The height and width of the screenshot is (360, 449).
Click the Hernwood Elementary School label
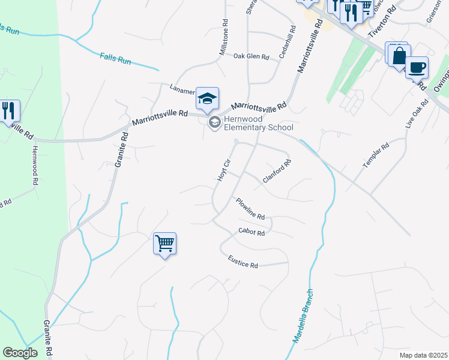(258, 123)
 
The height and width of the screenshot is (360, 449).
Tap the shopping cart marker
(164, 244)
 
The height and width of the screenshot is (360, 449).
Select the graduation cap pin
(207, 99)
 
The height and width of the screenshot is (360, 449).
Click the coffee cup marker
(417, 67)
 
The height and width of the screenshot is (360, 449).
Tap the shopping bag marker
(398, 55)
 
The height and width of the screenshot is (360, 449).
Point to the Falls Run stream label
(116, 60)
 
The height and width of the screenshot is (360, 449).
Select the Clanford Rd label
(277, 171)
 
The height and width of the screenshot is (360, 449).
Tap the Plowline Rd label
(250, 208)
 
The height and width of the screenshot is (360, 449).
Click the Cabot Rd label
(252, 232)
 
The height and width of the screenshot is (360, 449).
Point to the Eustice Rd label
(243, 261)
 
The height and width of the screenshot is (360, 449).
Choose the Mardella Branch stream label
(304, 317)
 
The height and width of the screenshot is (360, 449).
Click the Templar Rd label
(376, 155)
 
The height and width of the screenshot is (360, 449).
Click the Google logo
(20, 353)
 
